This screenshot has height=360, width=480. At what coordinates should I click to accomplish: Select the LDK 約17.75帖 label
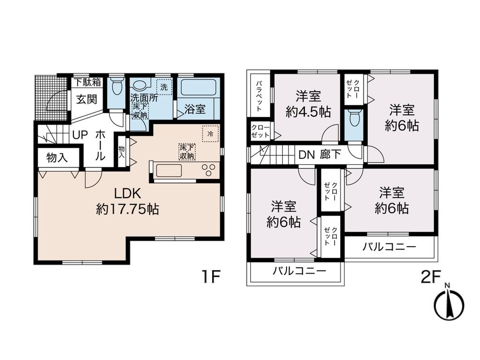(x=127, y=201)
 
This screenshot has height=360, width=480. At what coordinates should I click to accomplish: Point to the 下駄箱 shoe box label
(x=87, y=82)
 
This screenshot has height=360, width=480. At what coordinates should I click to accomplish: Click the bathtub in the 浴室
(x=199, y=88)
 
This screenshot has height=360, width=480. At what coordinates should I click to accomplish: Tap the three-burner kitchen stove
(x=209, y=170)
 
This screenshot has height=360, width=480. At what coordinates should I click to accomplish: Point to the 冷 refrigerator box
(x=210, y=133)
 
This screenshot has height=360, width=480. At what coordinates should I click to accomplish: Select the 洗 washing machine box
(x=164, y=88)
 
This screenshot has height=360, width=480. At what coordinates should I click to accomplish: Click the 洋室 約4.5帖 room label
(x=307, y=104)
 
